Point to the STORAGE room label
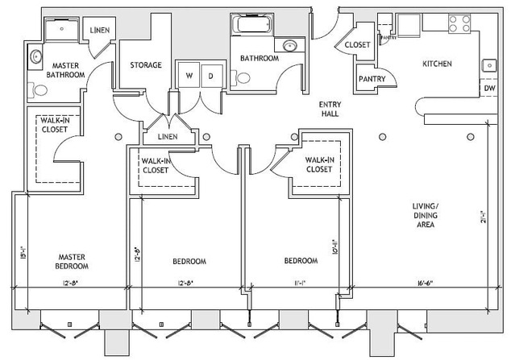click(146, 65)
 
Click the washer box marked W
click(189, 76)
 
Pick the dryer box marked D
click(210, 76)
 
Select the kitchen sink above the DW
click(488, 65)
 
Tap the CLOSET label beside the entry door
click(357, 45)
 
